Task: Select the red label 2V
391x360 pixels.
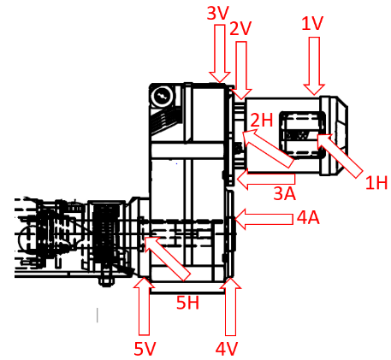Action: pos(240,28)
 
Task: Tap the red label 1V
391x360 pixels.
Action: pos(312,23)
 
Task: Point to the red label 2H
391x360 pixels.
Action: pos(262,120)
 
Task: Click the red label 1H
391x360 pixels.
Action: pos(376,182)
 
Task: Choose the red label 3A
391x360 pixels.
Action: pos(285,193)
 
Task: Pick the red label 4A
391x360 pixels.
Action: pos(308,218)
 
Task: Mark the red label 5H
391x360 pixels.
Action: pos(187,302)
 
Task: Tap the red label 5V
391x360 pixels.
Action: pos(145,348)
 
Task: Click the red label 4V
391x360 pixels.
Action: pos(227,349)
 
